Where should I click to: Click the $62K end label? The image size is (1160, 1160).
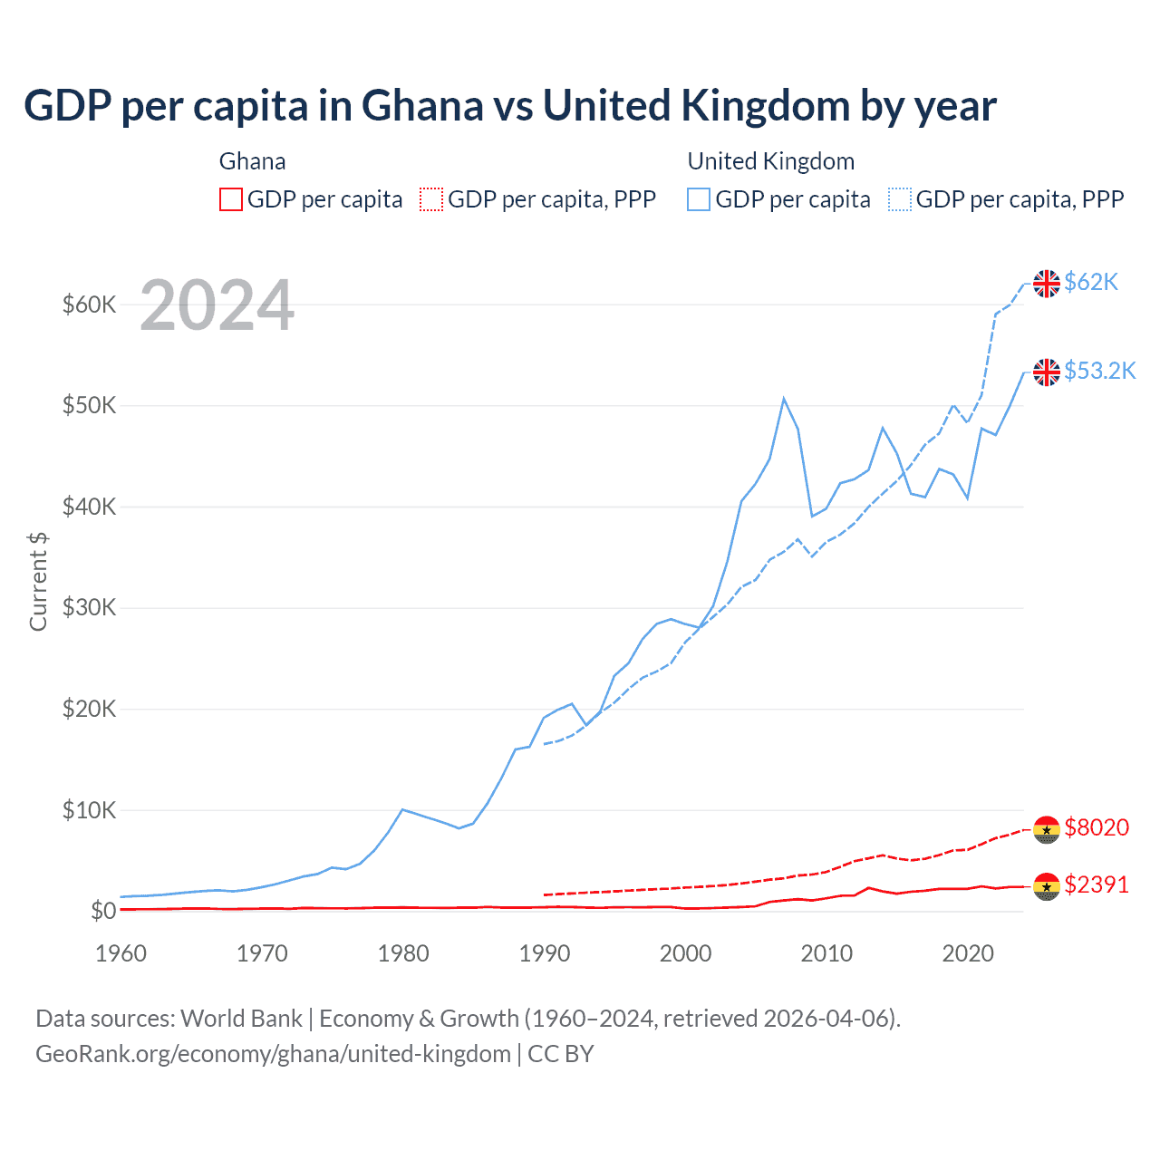point(1091,283)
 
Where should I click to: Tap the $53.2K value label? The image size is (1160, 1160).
point(1099,371)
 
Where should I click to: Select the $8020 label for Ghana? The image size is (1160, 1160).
point(1097,827)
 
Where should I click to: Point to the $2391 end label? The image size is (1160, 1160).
point(1097,884)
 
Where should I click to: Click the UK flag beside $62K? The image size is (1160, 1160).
point(1047,284)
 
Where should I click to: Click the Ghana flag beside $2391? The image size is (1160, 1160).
point(1047,886)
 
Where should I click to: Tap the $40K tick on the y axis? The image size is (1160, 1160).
point(89,507)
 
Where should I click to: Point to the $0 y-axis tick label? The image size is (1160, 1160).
point(102,911)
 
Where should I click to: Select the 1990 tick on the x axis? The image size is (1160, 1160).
point(545,953)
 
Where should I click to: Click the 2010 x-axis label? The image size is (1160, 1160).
point(826,953)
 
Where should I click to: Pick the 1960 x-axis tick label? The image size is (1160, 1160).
point(121,953)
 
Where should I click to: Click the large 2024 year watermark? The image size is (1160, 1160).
point(217,305)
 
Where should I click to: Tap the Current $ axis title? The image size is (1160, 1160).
point(38,582)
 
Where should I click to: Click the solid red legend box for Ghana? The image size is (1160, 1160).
point(231,199)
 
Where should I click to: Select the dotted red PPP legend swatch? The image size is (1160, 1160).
point(431,199)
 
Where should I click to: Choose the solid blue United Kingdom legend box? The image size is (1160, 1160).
point(699,199)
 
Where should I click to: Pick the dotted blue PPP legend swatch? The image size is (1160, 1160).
point(900,199)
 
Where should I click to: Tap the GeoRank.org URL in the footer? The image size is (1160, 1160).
point(273,1054)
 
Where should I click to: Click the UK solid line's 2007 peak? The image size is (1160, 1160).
point(784,399)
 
